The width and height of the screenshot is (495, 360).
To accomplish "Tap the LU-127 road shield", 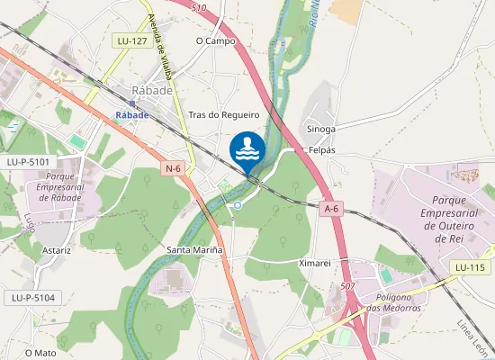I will click(132, 41).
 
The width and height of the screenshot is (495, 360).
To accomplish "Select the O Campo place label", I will click(215, 41).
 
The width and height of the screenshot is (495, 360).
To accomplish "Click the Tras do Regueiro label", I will click(224, 115).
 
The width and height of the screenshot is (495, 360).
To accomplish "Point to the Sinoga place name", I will click(320, 129).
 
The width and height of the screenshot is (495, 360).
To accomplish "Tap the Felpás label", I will click(321, 149).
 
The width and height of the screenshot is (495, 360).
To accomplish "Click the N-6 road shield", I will click(173, 168).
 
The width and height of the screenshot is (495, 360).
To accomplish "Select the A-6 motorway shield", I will click(331, 209).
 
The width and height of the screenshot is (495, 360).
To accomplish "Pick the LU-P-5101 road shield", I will click(27, 161).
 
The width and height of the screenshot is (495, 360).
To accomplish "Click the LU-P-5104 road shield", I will click(32, 297).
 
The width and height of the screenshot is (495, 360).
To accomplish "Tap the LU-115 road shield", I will click(470, 268).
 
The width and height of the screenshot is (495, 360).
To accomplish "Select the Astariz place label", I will click(55, 250).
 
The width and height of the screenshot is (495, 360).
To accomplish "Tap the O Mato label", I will click(40, 353).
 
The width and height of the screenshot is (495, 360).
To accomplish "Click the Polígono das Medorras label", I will click(393, 302).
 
